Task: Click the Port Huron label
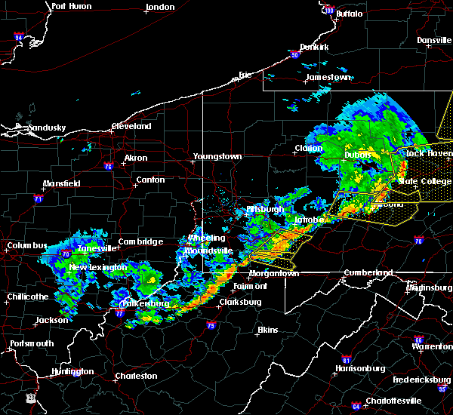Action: pos(72,6)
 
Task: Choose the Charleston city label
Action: pos(136,376)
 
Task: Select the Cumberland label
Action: pos(368,272)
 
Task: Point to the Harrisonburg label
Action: pos(360,369)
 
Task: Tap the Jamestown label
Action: pos(328,78)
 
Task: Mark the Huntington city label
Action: pos(72,371)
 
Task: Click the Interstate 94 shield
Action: pos(19,36)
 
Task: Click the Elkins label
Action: pos(267,330)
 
